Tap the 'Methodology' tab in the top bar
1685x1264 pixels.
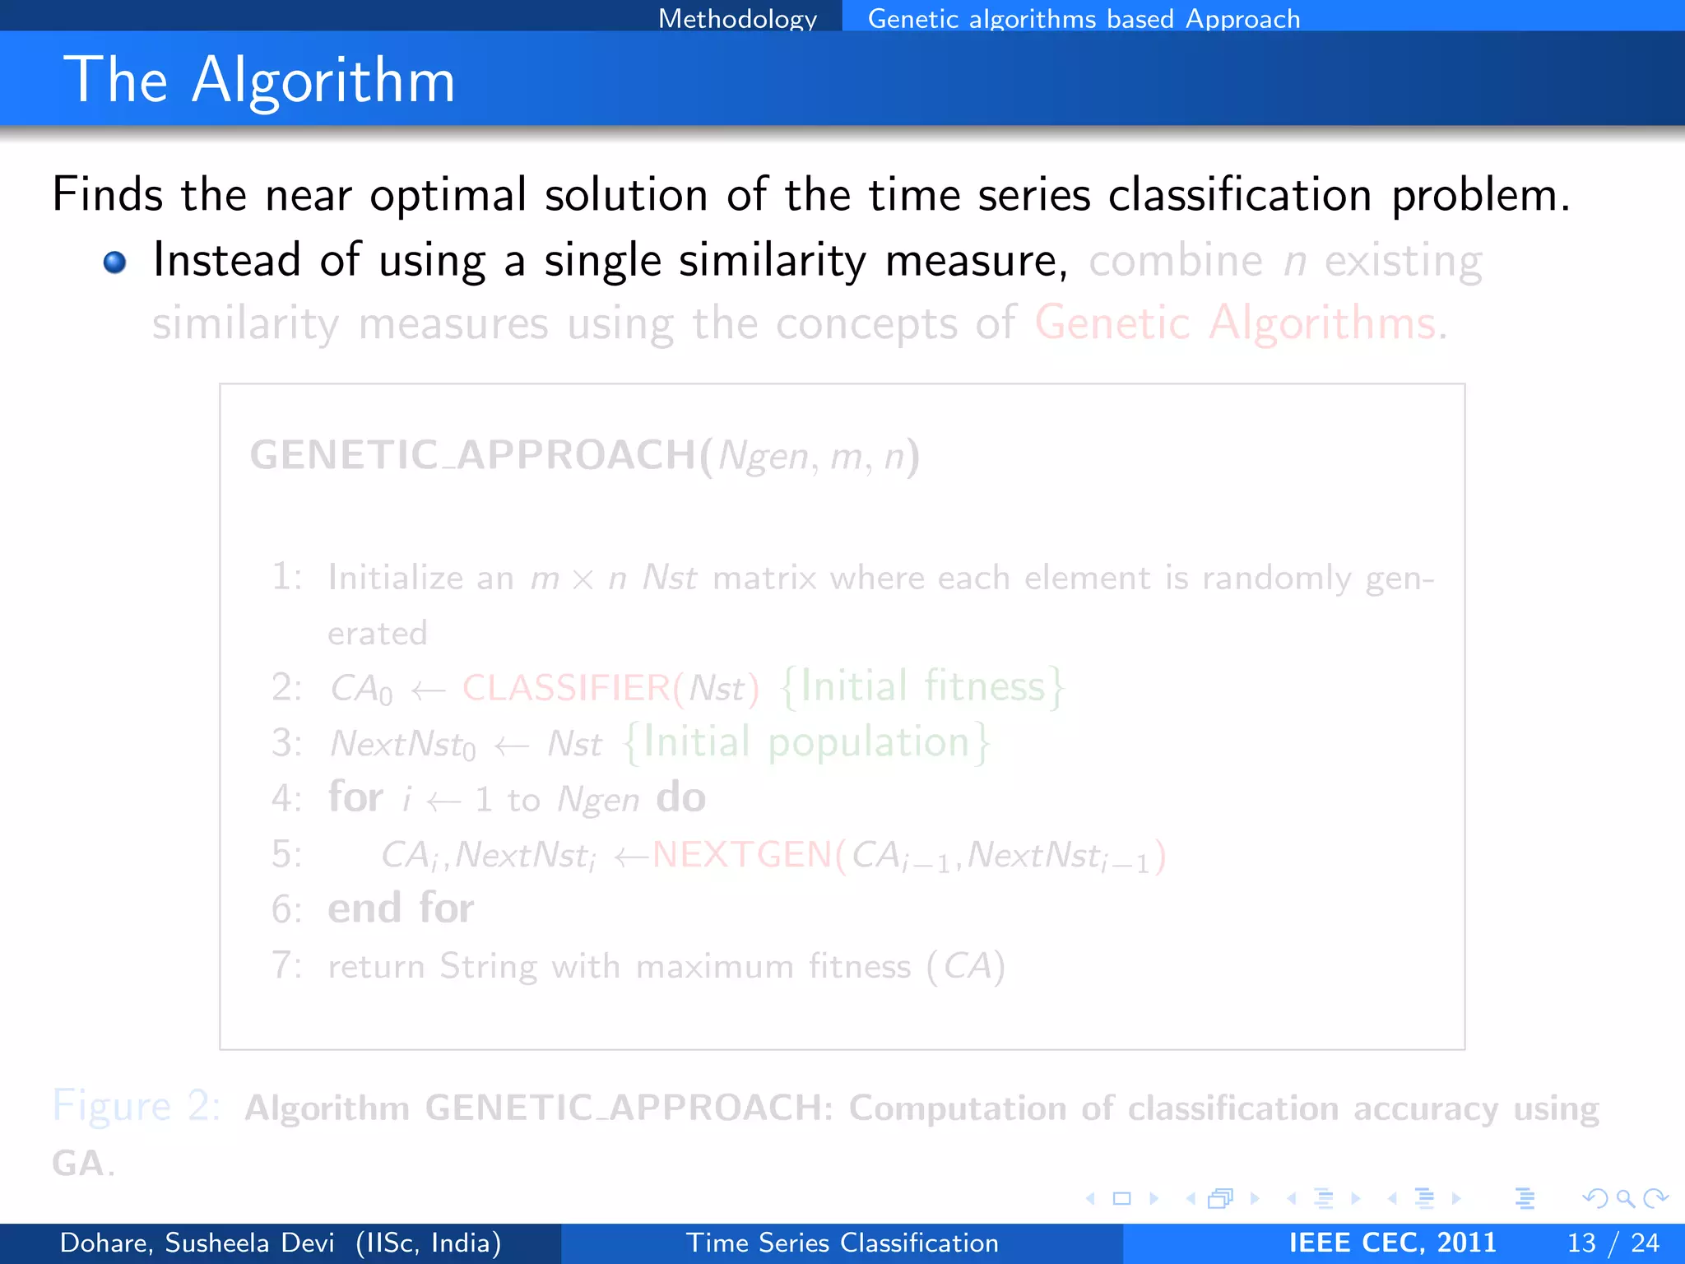click(737, 18)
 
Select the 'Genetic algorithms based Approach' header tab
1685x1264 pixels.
click(1084, 18)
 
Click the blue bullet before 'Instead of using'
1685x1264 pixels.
click(115, 263)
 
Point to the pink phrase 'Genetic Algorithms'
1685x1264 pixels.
click(1235, 323)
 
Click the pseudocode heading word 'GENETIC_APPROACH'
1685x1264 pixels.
click(473, 455)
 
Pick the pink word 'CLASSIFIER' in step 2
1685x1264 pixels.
click(566, 688)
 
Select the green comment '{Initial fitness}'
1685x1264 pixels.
click(922, 686)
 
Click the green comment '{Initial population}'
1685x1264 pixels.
click(806, 742)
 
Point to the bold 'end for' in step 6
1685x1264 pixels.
click(401, 908)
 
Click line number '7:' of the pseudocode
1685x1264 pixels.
click(286, 965)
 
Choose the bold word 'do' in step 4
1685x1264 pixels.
click(680, 797)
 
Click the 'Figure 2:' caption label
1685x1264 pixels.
click(136, 1106)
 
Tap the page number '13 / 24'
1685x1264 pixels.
click(1613, 1243)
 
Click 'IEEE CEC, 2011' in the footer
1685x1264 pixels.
click(1392, 1243)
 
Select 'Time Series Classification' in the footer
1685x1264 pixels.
click(842, 1243)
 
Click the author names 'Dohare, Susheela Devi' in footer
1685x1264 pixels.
click(197, 1243)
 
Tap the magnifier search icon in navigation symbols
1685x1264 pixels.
click(1625, 1198)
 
